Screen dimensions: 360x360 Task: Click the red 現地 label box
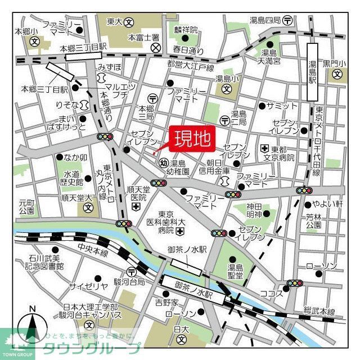point(190,137)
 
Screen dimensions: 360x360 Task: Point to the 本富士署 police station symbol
point(156,48)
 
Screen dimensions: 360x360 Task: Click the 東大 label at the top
point(115,22)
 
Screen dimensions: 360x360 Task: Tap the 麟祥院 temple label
point(186,29)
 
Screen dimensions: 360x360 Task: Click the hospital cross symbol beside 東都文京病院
point(264,149)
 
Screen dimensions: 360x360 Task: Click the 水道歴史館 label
point(73,178)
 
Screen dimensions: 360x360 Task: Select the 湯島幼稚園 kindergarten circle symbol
point(163,164)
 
